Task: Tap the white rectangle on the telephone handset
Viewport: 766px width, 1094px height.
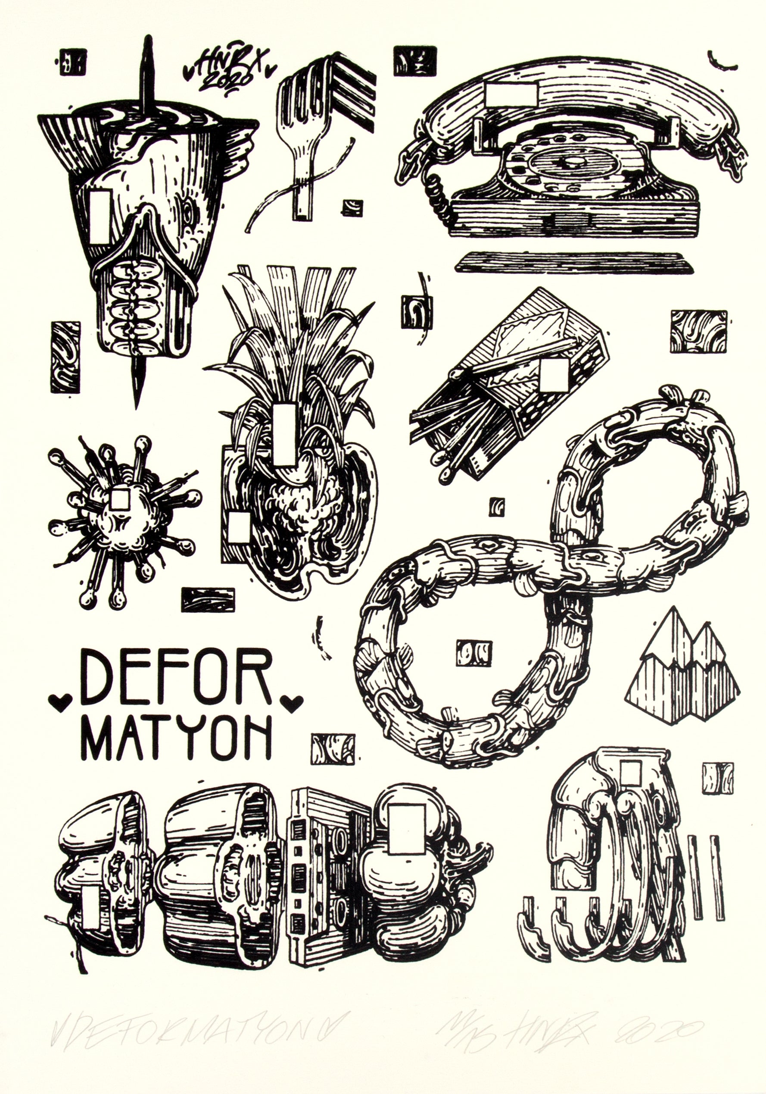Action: [511, 94]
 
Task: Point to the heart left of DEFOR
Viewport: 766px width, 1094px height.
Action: [60, 702]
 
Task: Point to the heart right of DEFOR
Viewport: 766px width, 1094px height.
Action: [291, 702]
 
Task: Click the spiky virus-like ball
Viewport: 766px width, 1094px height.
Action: [121, 519]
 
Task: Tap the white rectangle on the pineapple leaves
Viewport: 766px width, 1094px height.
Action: [285, 434]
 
